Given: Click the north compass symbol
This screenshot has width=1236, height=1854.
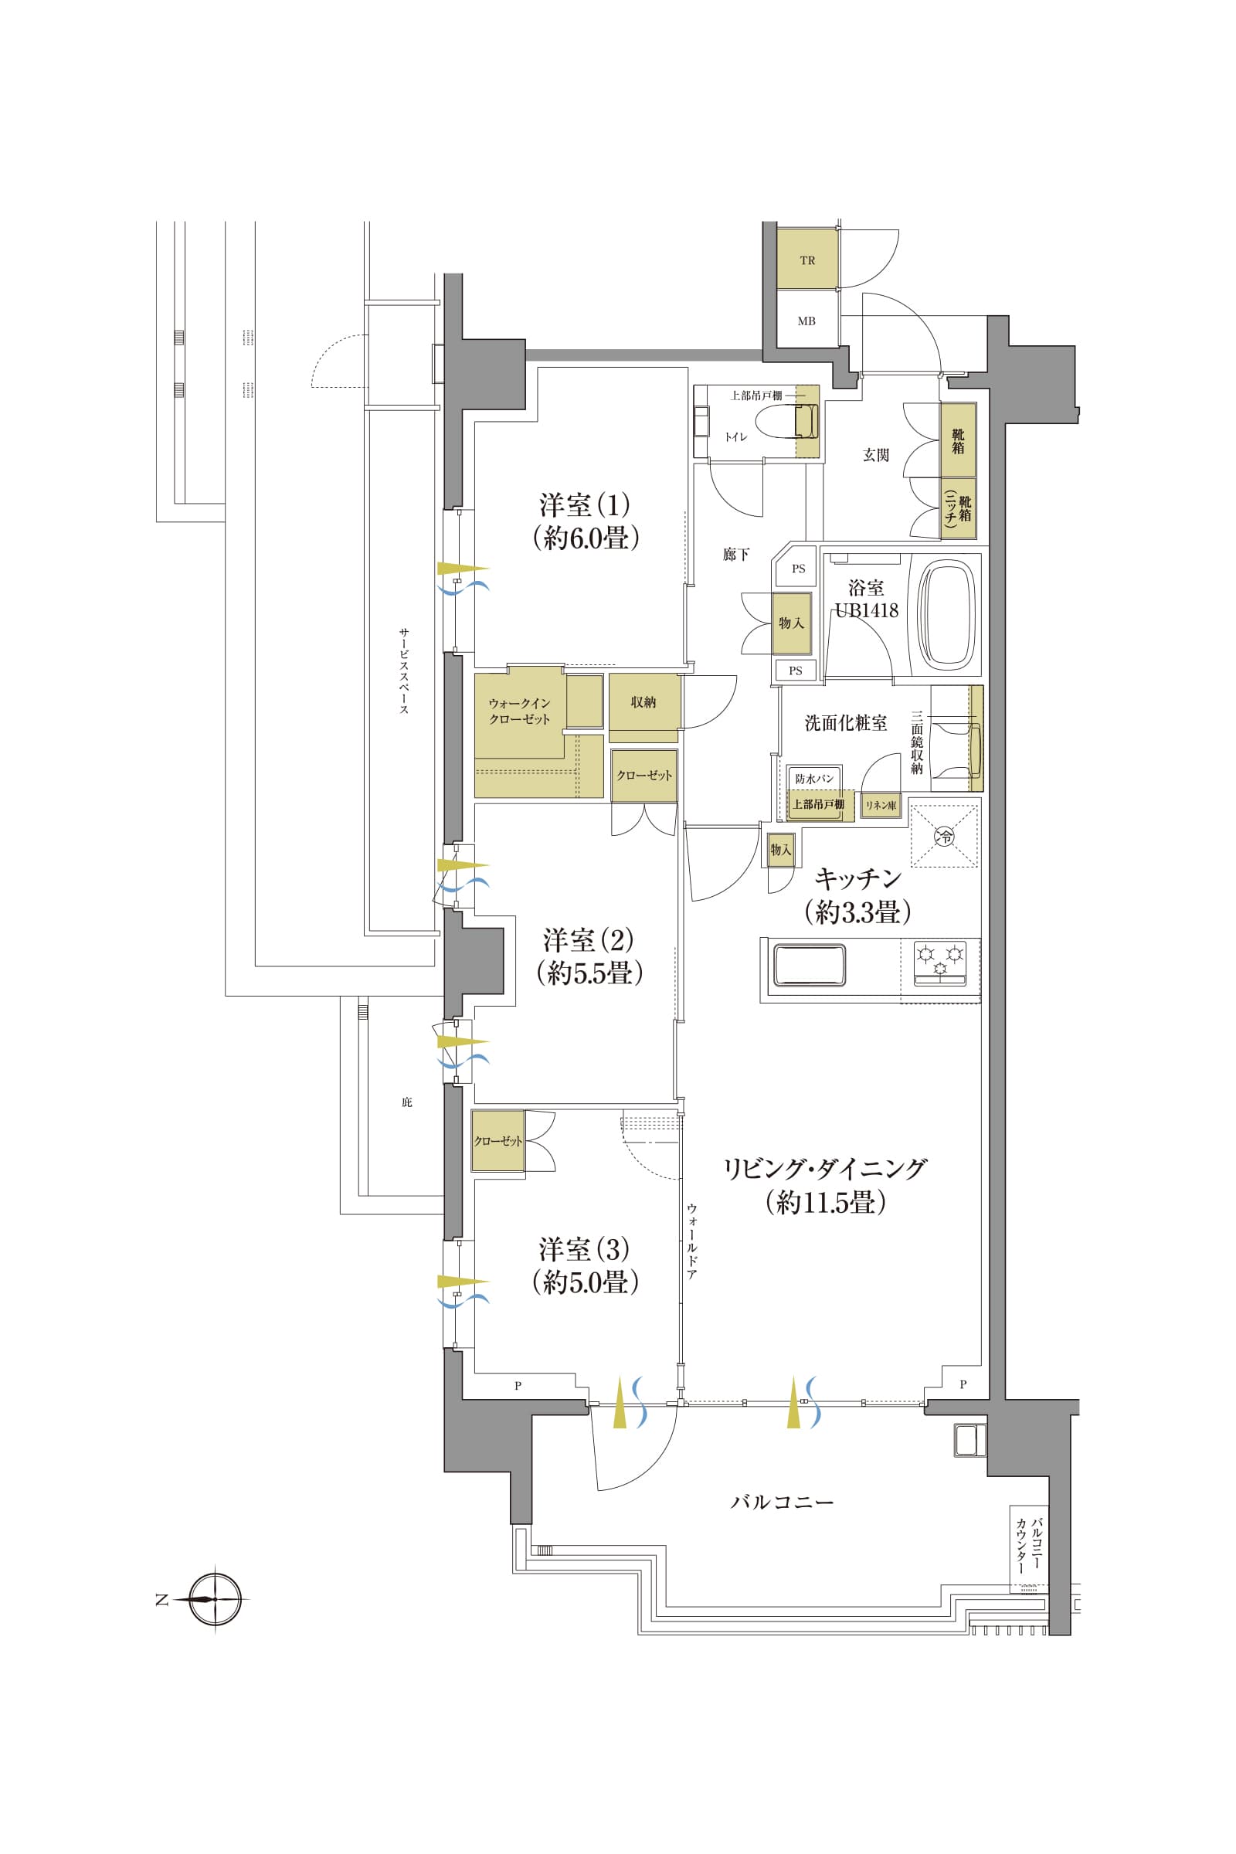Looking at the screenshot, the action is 215,1599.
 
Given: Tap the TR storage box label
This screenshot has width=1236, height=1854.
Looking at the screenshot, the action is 807,260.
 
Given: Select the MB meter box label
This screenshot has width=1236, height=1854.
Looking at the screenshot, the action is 806,321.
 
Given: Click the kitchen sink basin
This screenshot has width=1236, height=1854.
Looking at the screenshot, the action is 810,965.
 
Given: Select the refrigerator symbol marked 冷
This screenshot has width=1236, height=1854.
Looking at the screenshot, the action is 944,834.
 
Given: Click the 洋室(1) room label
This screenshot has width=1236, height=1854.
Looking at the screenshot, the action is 585,504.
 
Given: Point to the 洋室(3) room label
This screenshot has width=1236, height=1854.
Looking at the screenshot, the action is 585,1249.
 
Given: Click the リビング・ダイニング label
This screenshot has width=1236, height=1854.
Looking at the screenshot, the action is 825,1169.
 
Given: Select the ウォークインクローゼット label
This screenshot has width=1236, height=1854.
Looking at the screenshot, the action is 518,711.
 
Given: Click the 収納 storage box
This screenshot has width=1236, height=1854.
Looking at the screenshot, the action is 644,702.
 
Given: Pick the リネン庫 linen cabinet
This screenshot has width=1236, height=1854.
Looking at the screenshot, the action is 881,806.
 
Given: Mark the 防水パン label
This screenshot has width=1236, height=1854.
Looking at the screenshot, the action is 814,778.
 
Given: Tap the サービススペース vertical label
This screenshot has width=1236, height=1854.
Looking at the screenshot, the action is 403,671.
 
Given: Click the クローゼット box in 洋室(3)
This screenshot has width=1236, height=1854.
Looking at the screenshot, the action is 498,1141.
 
